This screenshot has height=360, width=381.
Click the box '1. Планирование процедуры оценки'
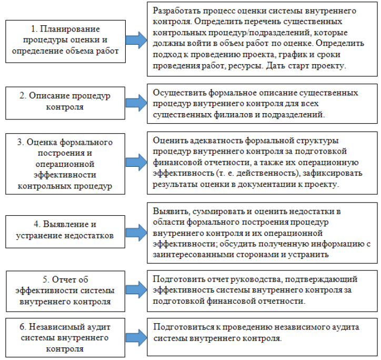65,39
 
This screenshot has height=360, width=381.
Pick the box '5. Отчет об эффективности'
65,289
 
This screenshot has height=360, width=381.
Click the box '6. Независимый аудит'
65,334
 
